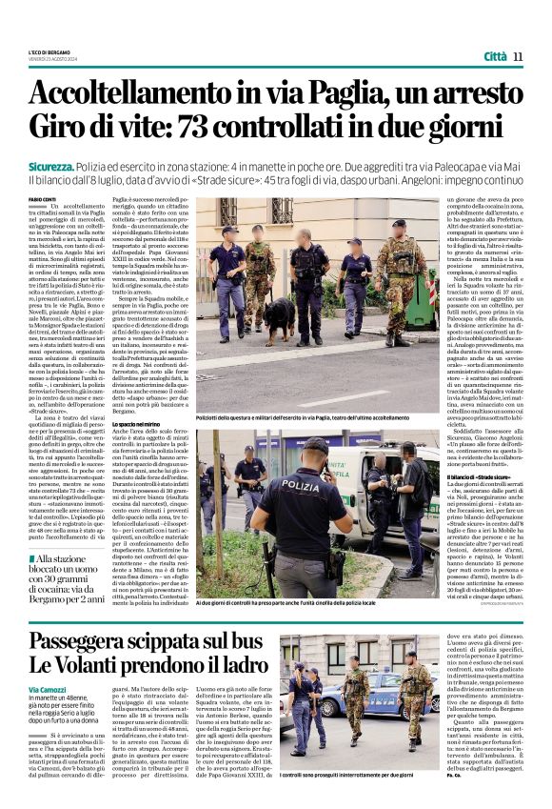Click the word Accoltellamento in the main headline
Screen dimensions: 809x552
(128, 94)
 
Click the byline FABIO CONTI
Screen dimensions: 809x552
(43, 198)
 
